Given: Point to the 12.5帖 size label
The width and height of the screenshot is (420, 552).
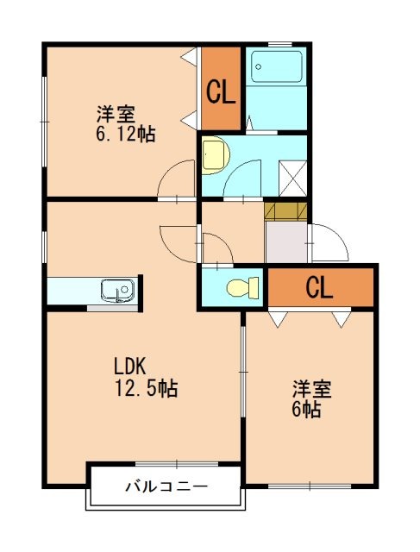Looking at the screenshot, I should pos(147,389).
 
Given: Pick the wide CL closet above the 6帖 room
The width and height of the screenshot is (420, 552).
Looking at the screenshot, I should pos(319,288).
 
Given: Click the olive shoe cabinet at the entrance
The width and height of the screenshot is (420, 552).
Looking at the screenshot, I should pos(285,210).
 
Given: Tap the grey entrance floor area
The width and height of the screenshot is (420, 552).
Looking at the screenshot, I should pos(285,243).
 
